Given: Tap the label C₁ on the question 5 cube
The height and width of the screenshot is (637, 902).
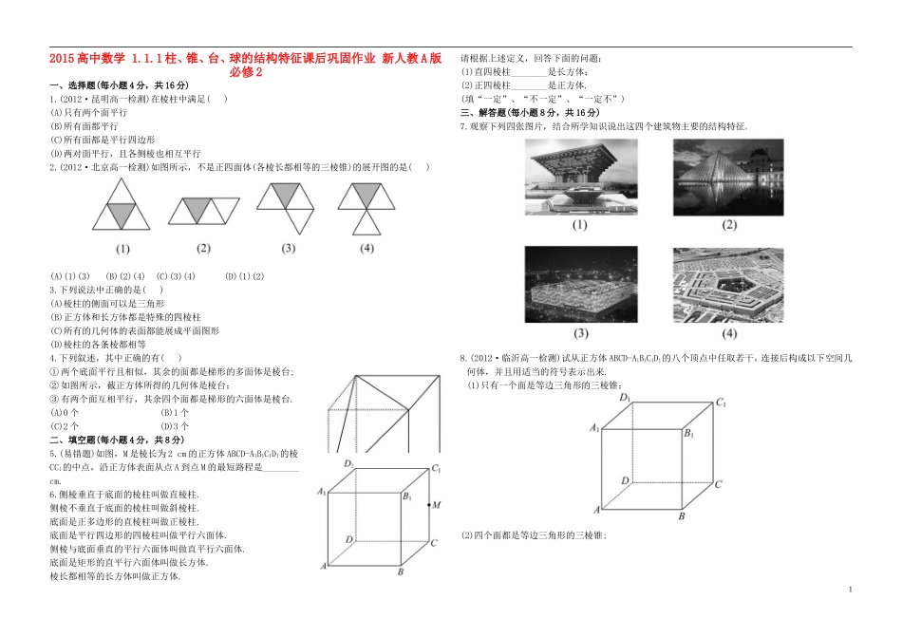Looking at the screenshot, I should [437, 468].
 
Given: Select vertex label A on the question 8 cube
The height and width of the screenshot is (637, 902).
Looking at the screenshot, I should [596, 510].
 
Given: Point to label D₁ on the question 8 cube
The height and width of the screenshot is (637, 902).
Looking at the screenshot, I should [624, 398].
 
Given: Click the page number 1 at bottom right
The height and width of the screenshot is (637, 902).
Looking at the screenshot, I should [850, 590].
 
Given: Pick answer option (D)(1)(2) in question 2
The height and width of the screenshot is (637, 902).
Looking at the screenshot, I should [244, 276].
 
